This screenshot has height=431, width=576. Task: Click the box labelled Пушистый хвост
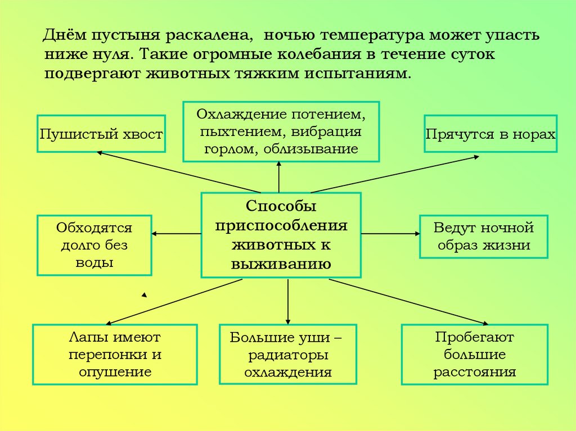point(101,134)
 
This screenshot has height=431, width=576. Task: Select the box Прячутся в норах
point(490,134)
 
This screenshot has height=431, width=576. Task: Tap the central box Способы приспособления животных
point(281,235)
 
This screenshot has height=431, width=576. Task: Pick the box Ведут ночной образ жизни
point(483,237)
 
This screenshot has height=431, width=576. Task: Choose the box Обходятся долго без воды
point(94,245)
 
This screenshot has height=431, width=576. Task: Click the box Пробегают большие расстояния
point(474,355)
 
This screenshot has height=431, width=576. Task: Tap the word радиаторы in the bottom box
point(288,355)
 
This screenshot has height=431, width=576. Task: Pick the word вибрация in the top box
point(329,132)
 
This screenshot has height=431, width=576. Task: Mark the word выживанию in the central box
point(281,263)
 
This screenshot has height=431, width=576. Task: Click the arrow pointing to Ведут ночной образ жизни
point(390,233)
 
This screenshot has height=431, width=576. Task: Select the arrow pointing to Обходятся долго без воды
point(176,233)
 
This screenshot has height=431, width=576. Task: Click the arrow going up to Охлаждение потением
point(280,177)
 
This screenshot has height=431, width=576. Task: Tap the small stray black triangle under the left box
point(144,294)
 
